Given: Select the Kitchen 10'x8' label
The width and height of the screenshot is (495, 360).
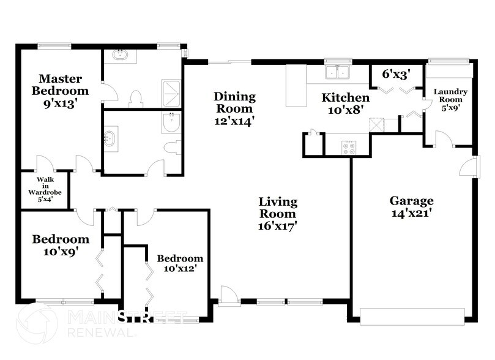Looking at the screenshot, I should tap(346, 103).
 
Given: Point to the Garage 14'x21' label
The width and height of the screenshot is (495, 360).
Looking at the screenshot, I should tap(412, 206).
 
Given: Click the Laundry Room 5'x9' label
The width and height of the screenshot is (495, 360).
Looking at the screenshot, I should tap(450, 99).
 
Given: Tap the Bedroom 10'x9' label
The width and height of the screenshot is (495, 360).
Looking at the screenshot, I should tap(60, 244).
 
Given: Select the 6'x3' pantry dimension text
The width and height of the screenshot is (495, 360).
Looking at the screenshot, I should tap(395, 75).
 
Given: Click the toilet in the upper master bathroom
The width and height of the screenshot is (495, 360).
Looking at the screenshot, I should tap(136, 98).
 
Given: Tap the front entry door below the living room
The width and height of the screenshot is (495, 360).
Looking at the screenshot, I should tap(229, 296).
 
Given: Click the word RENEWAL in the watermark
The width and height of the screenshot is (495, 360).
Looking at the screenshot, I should tap(102, 333).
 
